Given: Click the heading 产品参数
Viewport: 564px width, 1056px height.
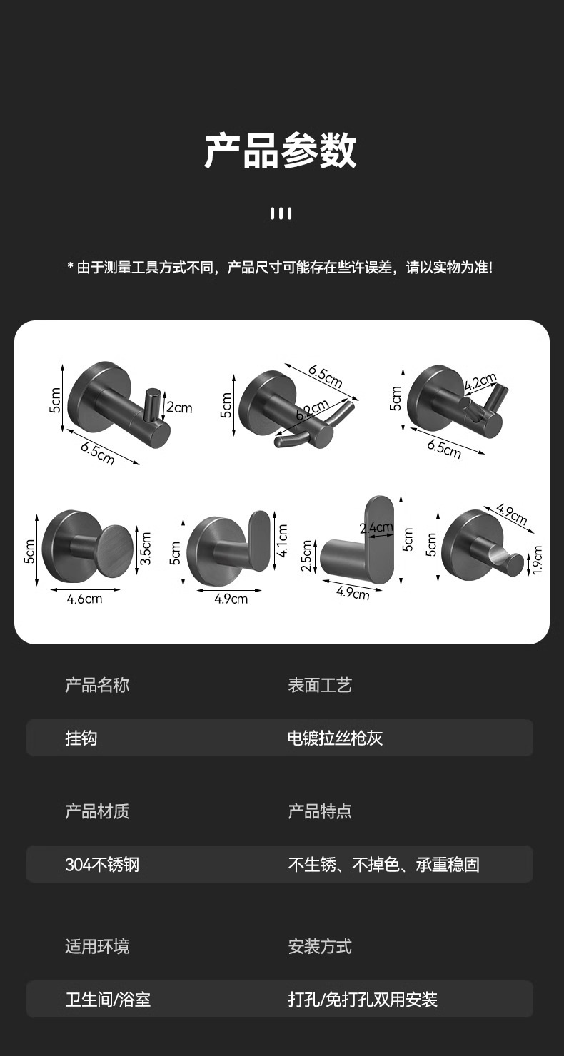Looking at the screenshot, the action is coord(281,151).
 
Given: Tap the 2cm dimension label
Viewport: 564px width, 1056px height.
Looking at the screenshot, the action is coord(179,407).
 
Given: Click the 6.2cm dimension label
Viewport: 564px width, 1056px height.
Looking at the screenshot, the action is coord(312,413).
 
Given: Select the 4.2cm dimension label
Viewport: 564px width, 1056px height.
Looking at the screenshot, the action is coord(480,382).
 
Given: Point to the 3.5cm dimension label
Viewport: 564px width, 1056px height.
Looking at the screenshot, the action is coord(146,548).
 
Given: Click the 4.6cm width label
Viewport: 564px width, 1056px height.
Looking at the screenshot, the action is coord(84,599).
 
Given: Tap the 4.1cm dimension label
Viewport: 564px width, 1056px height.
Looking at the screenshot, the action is coord(283,541).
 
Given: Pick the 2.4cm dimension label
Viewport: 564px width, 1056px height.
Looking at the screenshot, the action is coord(376,529).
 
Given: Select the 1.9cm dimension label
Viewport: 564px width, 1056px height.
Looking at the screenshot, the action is coord(538,559).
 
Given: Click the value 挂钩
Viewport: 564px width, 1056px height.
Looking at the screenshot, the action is coord(81,738).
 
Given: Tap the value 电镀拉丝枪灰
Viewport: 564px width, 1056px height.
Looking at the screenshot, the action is coord(336,738).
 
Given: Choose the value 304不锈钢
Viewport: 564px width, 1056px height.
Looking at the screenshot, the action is coord(102,865).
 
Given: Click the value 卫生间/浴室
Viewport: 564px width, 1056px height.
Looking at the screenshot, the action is coord(108,1000).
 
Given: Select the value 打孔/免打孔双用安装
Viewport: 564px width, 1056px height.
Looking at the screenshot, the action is coord(363,1000).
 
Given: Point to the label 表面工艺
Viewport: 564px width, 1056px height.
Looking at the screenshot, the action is coord(320,686).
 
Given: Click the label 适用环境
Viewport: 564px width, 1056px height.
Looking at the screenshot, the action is coord(97,947).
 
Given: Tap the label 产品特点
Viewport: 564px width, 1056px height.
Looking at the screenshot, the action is coord(320,811).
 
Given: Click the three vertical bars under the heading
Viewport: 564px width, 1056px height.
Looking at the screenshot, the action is coord(281,213).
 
